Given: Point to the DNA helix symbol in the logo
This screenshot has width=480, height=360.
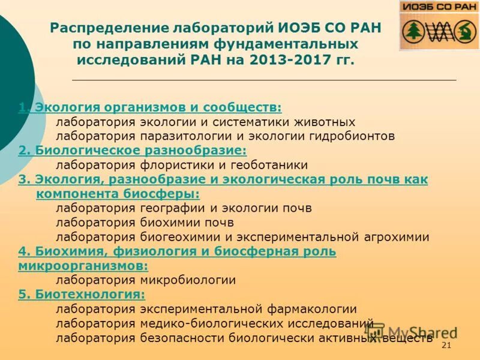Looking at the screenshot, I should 438,31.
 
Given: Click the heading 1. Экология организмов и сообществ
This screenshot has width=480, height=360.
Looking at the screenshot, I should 150,107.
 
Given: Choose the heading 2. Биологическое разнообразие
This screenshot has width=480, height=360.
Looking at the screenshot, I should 133,151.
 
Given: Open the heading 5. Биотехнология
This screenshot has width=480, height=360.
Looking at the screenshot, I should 82,295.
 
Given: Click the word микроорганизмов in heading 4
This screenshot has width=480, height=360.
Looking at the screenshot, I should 83,265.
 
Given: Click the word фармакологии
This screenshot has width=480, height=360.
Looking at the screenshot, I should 311,309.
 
